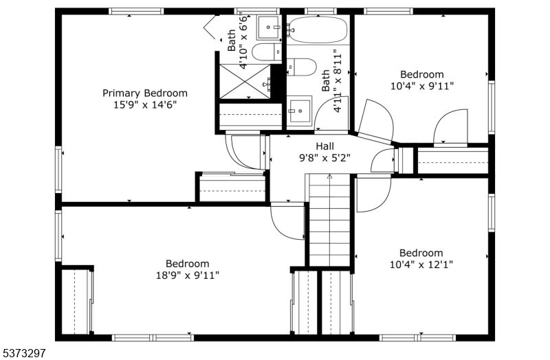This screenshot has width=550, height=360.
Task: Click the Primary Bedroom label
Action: tap(145, 93)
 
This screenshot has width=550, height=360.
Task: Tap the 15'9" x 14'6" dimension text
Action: tap(145, 105)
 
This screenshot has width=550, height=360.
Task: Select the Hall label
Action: tap(324, 146)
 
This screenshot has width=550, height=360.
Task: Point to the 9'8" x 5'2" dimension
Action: tap(324, 158)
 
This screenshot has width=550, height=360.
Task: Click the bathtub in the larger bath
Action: tap(318, 30)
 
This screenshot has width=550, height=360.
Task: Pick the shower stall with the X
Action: tap(245, 82)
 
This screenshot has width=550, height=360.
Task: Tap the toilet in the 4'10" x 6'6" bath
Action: tap(267, 52)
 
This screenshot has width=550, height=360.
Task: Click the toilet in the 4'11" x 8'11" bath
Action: tap(302, 67)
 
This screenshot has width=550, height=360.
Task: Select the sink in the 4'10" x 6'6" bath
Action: tap(268, 27)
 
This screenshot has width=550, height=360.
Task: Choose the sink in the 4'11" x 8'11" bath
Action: tap(299, 111)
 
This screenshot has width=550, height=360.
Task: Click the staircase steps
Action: tap(329, 220)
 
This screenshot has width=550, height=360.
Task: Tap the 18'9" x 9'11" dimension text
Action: tap(188, 275)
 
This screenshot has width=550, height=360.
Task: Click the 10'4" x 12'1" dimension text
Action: tap(421, 265)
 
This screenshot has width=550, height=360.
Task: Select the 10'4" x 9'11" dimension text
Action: tap(422, 86)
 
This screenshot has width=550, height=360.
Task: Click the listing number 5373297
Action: tap(23, 353)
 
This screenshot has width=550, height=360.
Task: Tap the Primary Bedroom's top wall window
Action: tap(136, 11)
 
